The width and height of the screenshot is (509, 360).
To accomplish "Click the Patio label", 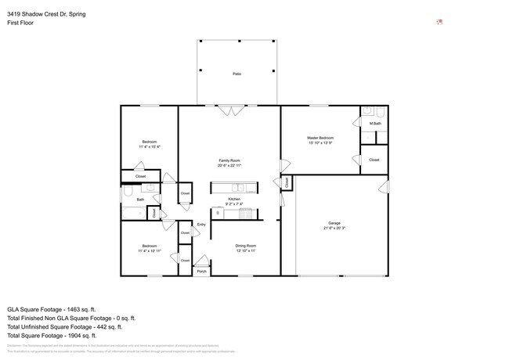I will coord(236,74).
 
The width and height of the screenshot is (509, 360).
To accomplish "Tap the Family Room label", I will coord(229,160).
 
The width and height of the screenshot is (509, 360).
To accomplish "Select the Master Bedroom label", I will coord(320,138).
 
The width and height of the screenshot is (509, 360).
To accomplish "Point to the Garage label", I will coord(334,224).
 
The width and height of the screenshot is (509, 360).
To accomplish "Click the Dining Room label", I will coord(246,246).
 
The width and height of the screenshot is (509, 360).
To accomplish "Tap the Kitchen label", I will coord(233,199).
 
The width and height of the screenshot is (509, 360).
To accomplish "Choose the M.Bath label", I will coord(376,124).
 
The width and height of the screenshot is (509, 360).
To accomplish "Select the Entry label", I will coord(201,225).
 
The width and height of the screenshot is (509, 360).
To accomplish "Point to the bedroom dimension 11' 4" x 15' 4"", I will coord(149,146).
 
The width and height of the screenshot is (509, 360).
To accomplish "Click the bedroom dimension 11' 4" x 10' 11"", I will coord(149,250).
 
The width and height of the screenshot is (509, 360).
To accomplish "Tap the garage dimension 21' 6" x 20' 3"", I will coord(334,229).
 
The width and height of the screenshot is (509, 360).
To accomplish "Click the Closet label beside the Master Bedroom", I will coord(374,160).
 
